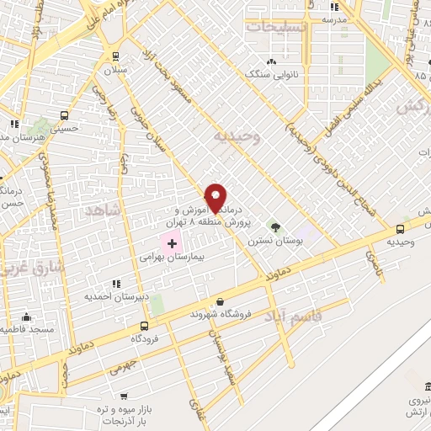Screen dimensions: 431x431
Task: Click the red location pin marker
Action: click(215, 197)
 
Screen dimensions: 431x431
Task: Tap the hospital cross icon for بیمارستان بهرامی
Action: click(173, 242)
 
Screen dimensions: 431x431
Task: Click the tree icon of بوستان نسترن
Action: click(274, 226)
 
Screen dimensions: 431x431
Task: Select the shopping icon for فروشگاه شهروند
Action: click(220, 301)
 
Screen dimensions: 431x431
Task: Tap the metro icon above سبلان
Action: click(115, 56)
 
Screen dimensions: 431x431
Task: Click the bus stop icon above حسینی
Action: click(62, 117)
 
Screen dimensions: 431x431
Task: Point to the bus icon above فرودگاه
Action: click(145, 325)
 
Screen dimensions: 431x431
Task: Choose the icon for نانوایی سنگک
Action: click(271, 61)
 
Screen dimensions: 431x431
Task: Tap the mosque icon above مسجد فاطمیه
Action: click(26, 317)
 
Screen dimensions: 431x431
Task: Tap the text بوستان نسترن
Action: click(269, 240)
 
